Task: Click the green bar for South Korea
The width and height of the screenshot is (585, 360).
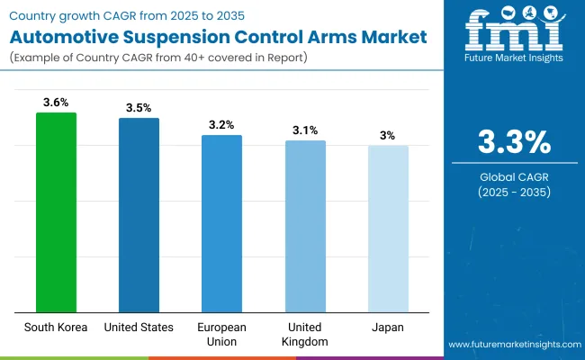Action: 56,212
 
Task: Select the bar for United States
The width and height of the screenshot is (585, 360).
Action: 139,215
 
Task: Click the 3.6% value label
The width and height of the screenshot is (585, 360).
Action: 56,102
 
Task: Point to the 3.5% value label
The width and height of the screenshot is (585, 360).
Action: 139,107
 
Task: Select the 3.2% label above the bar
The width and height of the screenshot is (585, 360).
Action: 221,124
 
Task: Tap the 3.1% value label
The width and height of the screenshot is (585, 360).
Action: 305,130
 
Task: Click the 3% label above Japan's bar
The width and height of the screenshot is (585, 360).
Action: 388,135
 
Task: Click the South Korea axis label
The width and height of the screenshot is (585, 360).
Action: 56,328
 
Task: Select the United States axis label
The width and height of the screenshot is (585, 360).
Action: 139,328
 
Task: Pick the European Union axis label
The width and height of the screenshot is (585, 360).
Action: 221,334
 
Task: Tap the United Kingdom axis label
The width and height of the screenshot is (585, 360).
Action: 305,334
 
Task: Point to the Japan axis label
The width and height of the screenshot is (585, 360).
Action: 388,328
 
